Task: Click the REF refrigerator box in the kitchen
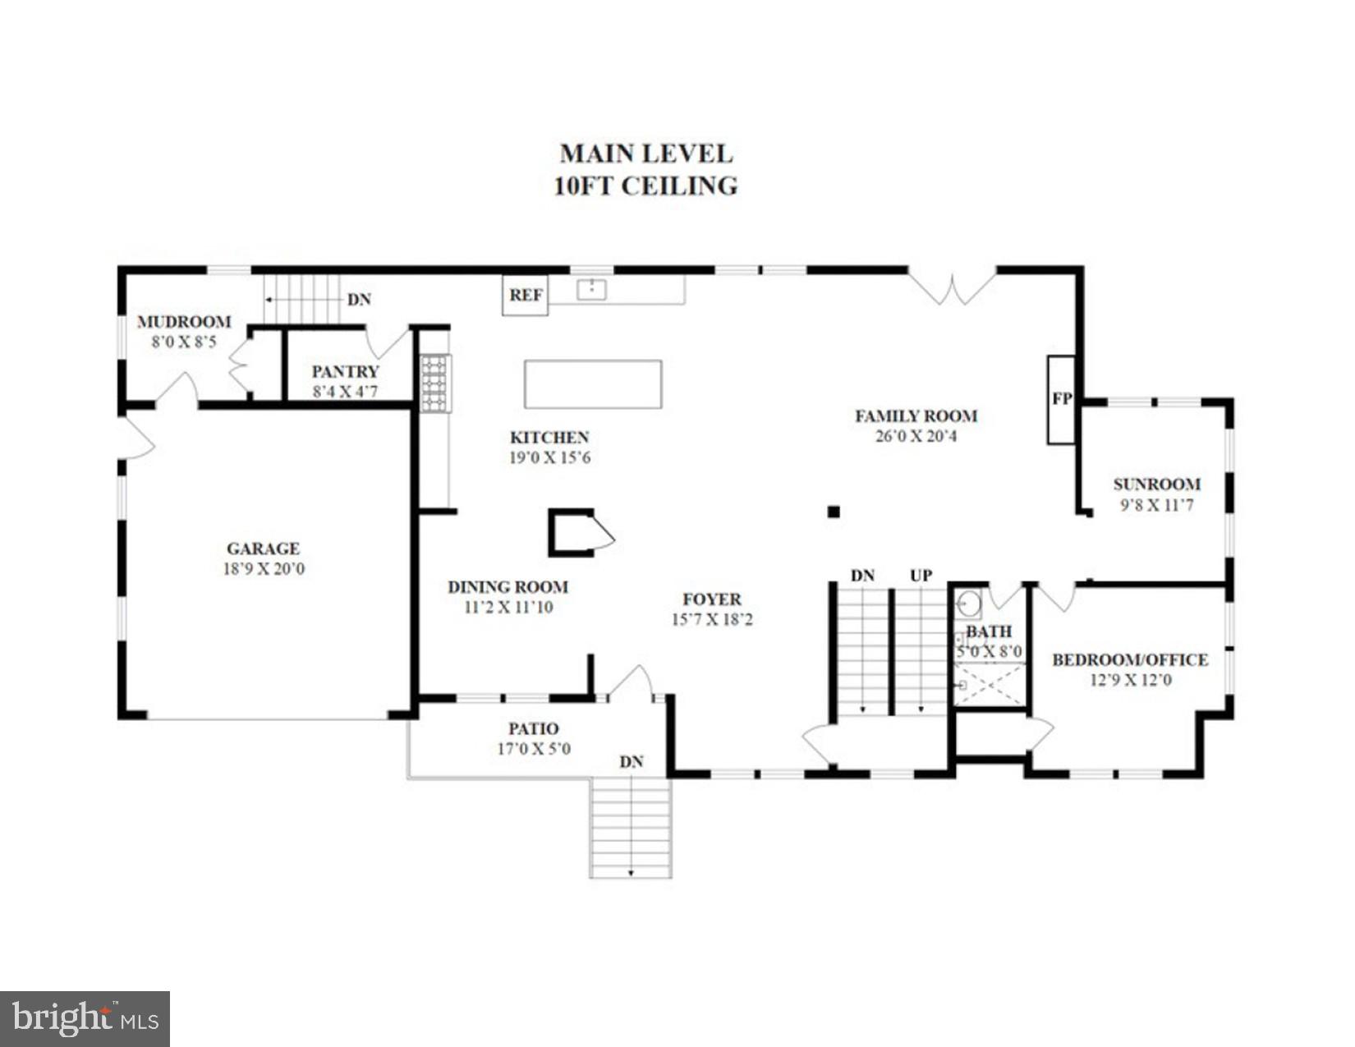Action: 525,295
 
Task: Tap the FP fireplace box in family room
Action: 1061,399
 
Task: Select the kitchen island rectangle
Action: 593,383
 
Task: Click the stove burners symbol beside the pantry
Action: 434,383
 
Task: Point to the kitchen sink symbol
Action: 591,289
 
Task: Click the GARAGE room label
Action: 263,549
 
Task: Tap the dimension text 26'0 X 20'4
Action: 916,436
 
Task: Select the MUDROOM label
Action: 184,322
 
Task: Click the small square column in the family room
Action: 834,512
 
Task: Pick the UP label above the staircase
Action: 921,576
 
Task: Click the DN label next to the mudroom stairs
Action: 359,300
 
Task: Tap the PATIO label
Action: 533,728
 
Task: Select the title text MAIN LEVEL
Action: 645,154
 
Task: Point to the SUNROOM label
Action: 1156,484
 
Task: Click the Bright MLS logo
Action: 85,1018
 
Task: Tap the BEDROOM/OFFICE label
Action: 1130,659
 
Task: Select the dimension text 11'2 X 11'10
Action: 508,608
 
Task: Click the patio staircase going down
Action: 631,828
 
